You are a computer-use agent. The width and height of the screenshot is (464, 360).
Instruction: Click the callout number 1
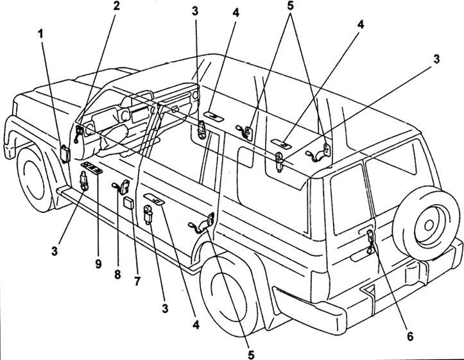point(40,34)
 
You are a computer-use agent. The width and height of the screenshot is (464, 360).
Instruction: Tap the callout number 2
point(116,6)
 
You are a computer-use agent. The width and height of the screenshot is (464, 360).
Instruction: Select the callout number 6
point(410,336)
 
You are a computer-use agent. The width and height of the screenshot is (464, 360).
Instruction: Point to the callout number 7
point(137,280)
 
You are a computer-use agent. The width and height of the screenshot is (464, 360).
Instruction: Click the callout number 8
point(117,274)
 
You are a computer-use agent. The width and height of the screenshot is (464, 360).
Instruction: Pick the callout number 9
point(98,263)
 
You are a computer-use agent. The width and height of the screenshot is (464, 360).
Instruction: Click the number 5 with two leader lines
point(290,6)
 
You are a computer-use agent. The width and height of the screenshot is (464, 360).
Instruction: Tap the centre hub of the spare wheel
point(428,225)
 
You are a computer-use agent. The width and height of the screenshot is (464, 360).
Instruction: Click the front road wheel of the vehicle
point(33,177)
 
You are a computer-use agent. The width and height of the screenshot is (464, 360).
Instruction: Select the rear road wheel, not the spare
point(228,296)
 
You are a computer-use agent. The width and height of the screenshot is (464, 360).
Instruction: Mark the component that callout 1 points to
point(65,153)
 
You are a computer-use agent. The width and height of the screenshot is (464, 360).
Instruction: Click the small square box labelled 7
point(128,203)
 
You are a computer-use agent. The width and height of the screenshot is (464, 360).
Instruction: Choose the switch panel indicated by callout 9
point(92,169)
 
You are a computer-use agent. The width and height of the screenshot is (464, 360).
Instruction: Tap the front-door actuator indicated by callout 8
point(122,187)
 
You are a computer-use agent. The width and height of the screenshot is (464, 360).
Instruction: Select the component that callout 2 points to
point(78,133)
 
